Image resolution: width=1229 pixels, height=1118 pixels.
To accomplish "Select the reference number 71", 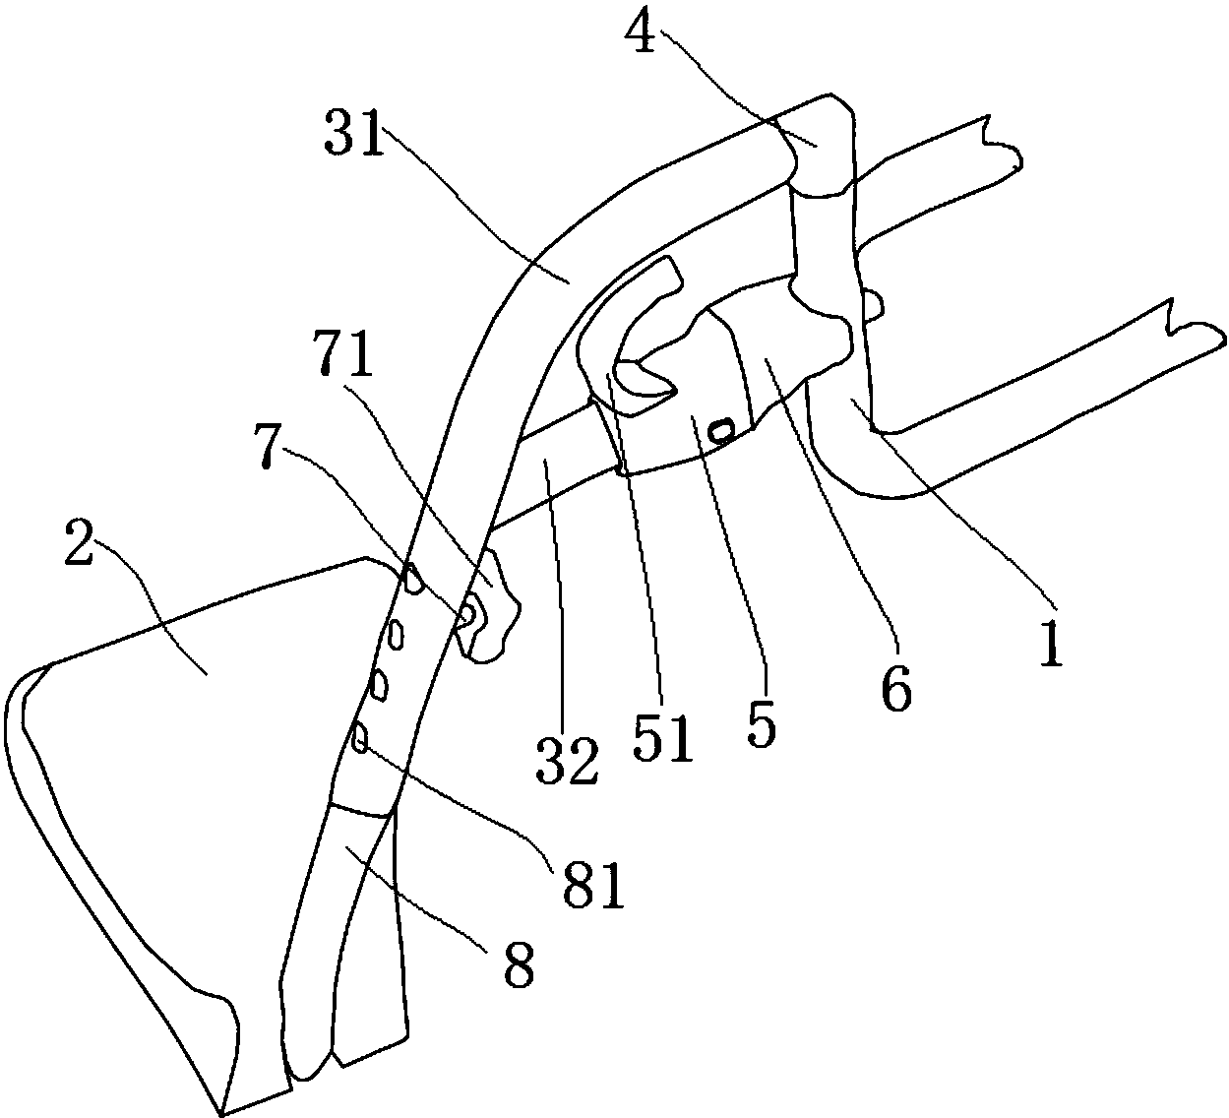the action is (x=342, y=353).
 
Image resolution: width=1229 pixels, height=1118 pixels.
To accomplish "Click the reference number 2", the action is (x=79, y=543).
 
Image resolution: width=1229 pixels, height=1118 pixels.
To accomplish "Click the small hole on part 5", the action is (x=721, y=429).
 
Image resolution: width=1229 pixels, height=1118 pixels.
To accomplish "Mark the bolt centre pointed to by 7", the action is (x=468, y=615).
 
